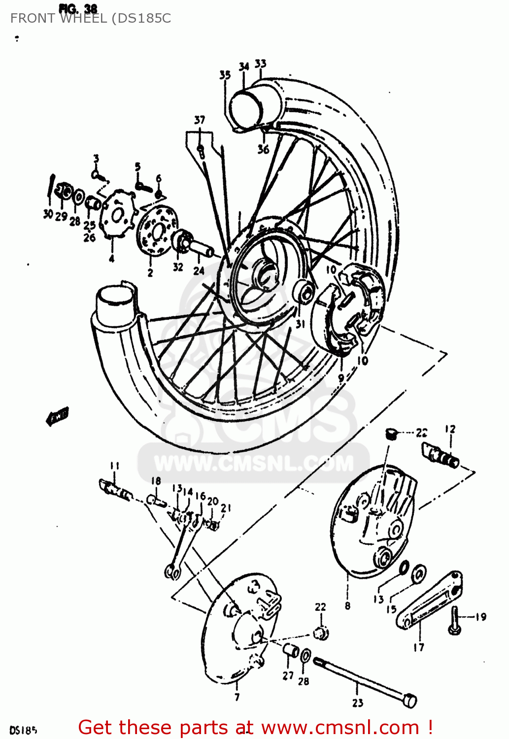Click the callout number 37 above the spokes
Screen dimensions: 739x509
[200, 120]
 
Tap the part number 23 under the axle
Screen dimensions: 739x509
[358, 703]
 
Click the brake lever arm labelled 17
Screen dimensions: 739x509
[429, 601]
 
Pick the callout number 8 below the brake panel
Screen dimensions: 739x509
[347, 605]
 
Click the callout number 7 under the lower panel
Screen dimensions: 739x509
[237, 697]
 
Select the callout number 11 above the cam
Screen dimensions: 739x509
[114, 466]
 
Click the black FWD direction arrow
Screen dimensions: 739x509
[58, 416]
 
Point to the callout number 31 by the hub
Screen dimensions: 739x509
[300, 324]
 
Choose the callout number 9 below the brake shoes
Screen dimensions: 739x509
[341, 378]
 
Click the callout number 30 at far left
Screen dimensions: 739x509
[48, 214]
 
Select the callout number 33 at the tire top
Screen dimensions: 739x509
[261, 64]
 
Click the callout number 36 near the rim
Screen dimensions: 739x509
[263, 149]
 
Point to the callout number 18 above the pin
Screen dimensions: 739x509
[156, 481]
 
